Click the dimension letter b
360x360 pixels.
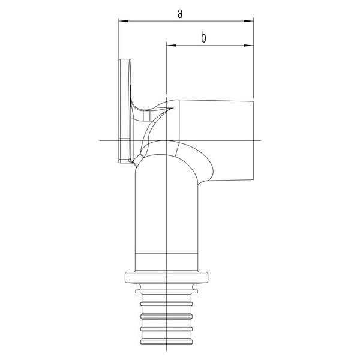[x=203, y=38]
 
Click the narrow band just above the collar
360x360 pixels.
[x=167, y=265]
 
